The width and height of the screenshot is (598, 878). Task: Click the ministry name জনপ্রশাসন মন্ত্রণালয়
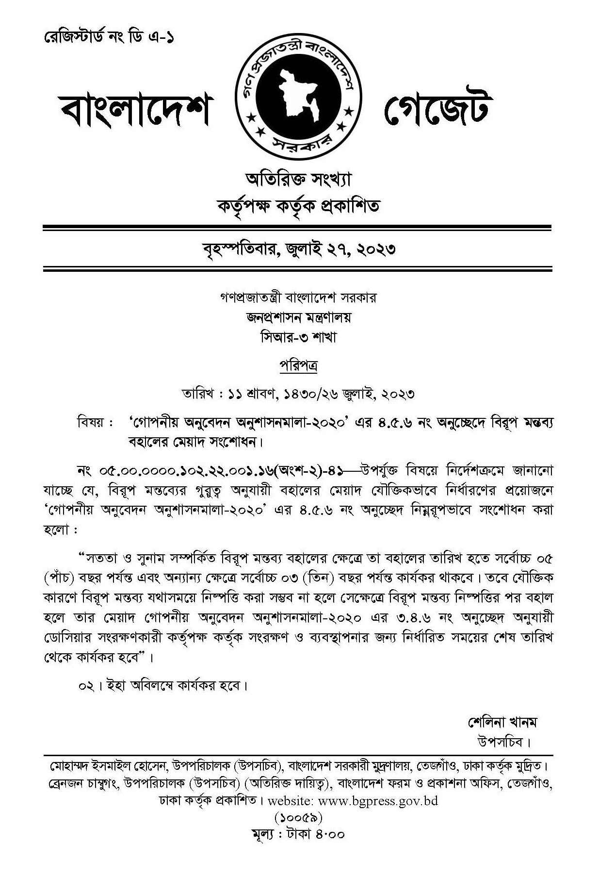click(x=298, y=317)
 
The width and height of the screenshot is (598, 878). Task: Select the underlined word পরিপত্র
click(x=298, y=365)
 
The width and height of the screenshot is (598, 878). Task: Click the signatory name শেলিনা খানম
click(x=502, y=722)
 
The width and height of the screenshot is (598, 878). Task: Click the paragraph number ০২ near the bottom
click(x=85, y=686)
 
